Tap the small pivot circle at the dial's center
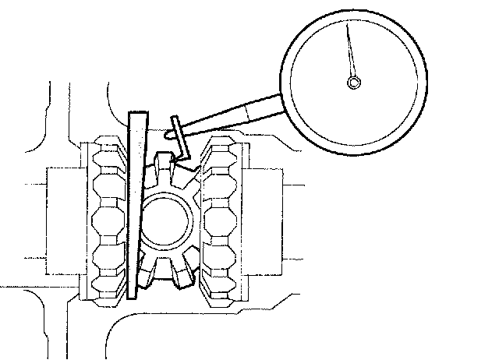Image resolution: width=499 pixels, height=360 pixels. click(354, 83)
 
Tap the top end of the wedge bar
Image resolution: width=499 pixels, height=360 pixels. click(137, 115)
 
